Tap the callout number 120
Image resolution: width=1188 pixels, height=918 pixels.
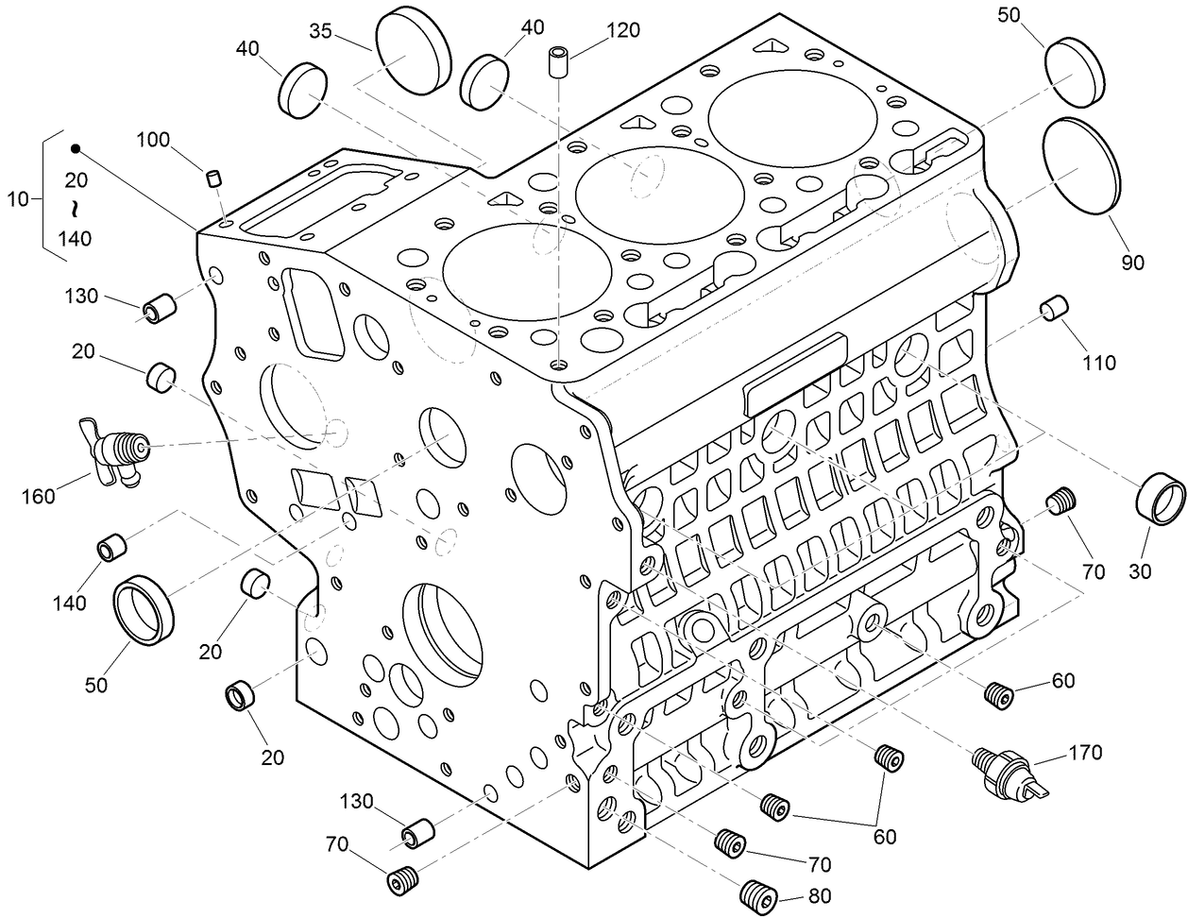pos(623,30)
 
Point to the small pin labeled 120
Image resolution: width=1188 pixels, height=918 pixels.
pos(559,63)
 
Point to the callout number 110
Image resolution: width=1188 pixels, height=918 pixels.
pos(1099,362)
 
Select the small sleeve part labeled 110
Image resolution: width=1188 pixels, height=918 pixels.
pos(1053,307)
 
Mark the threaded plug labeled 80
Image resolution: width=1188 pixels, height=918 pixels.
pos(756,892)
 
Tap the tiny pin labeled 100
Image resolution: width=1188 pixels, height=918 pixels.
pos(214,178)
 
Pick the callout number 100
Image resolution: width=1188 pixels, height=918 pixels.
pos(153,141)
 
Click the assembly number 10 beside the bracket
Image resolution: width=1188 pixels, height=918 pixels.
pos(18,198)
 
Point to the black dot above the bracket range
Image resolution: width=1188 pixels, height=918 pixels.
pos(76,148)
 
